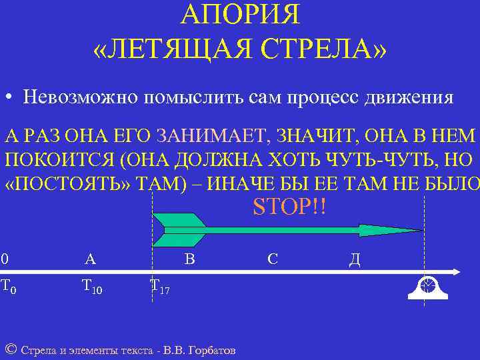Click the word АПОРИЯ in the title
(x=240, y=15)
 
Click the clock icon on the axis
(x=427, y=285)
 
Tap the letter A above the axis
(x=90, y=259)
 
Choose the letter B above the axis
(x=189, y=259)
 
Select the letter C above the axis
(x=272, y=259)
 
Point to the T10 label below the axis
(x=91, y=287)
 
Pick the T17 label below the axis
(x=160, y=287)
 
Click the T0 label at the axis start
(x=8, y=287)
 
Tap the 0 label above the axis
(x=5, y=259)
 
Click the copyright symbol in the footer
(x=10, y=349)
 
